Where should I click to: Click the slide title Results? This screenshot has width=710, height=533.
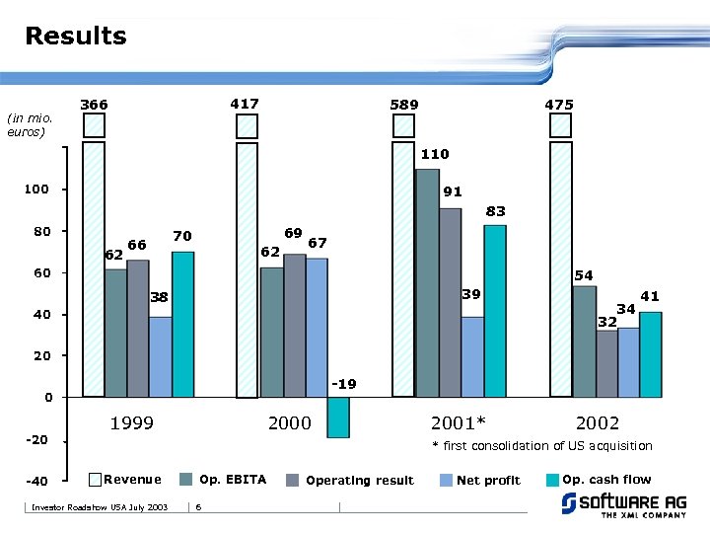76,37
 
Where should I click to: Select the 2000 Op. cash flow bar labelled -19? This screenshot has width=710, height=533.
338,417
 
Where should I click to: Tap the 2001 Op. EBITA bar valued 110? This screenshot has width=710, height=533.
427,282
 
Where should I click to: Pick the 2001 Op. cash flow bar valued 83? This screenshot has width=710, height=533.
495,311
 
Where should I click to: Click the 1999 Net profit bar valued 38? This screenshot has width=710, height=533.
161,356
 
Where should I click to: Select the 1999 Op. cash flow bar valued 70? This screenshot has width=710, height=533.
183,324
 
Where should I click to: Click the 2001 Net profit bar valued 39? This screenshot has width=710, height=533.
472,356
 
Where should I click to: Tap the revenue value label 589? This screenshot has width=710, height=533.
403,104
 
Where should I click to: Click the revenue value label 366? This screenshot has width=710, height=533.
94,105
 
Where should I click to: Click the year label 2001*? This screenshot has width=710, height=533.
459,423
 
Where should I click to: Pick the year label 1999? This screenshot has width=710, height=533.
131,423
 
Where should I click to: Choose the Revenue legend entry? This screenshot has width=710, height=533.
124,480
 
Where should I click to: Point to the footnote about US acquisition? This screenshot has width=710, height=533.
542,446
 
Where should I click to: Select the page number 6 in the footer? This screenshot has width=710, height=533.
198,507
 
